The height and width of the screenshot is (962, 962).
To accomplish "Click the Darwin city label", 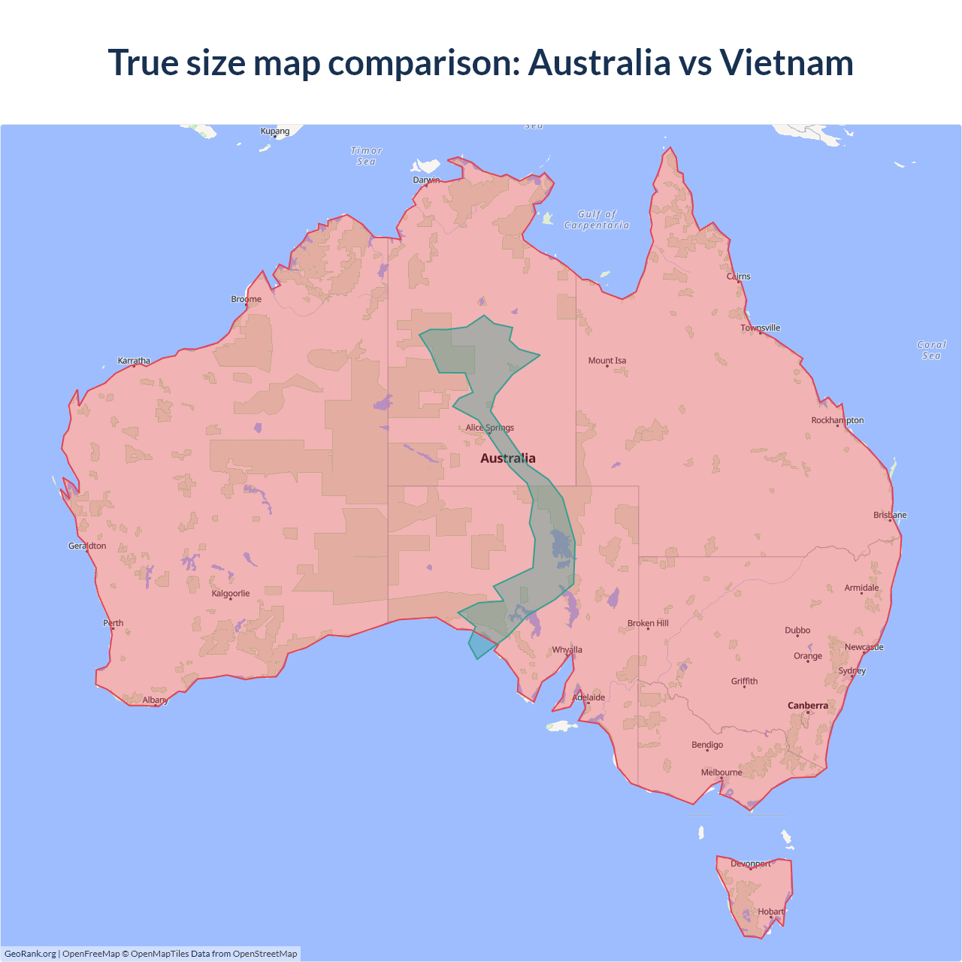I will pos(426,180).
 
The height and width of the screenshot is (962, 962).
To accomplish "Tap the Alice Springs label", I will pos(489,428).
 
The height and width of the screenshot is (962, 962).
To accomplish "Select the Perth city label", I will pos(113,623).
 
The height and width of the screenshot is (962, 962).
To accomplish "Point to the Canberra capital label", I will pos(807,706).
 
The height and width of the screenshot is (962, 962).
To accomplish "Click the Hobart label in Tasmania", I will pos(770,912).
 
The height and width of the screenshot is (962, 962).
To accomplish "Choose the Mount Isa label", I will pos(607,361).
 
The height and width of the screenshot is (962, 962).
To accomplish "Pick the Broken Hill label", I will pos(648,624).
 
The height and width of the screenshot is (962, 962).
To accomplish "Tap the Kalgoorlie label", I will pos(231,594).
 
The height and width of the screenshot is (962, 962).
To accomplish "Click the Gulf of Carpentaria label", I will pos(597,219).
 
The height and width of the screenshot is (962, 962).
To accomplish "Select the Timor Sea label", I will pos(367,156).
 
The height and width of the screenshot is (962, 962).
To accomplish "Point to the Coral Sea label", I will pos(931,350).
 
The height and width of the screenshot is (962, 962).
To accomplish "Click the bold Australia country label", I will pos(508,458).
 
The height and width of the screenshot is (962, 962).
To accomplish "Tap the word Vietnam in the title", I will pos(786,62).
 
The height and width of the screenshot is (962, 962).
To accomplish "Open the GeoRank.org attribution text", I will pos(30,954).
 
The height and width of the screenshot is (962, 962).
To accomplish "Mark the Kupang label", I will pos(275,132).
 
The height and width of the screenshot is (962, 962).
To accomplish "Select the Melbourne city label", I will pos(721,773).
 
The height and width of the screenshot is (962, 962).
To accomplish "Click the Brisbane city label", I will pos(890,516).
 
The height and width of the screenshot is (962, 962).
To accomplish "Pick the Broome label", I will pos(247,299).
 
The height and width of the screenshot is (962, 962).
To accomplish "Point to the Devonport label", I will pos(751,864).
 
